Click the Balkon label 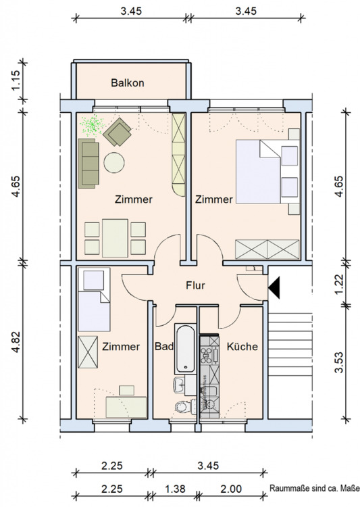[128, 82]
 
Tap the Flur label [195, 285]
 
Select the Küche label [242, 347]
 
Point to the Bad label [164, 347]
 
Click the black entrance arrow [274, 287]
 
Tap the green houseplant [93, 124]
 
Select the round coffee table [114, 163]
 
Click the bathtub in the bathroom [185, 348]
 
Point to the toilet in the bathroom [184, 406]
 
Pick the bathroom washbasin [180, 385]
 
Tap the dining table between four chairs [115, 238]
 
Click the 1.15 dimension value [16, 81]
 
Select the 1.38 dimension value [175, 489]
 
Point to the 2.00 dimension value [231, 489]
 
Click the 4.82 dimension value [16, 343]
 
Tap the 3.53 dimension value [339, 362]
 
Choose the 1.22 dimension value [339, 284]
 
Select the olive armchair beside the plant [118, 132]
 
